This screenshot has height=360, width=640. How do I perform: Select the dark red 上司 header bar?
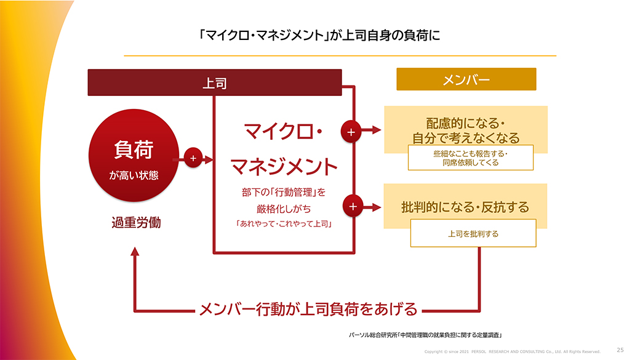214,82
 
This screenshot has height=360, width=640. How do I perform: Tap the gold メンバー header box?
466,79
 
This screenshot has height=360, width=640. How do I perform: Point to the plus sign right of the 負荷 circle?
193,159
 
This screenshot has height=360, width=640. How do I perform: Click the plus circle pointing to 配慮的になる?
351,132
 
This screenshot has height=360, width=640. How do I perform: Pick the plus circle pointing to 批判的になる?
352,207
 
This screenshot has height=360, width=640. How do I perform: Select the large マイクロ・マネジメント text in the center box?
284,148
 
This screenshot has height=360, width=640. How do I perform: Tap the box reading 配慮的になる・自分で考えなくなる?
465,129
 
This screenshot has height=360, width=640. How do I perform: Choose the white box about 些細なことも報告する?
470,158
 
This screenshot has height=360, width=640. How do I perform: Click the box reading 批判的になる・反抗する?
465,207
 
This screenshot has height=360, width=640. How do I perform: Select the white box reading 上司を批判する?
473,234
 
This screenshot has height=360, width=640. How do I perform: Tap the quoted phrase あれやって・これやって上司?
284,225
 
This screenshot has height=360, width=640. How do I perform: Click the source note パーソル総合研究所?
425,335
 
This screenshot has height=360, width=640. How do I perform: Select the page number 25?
620,350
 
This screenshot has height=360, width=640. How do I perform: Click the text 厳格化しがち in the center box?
284,208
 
